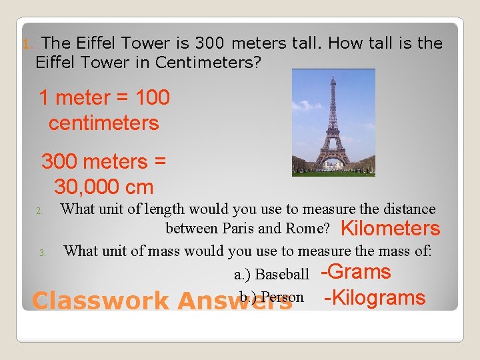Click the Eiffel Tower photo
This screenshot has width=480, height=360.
pyautogui.click(x=333, y=123)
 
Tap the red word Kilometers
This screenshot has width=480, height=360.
pyautogui.click(x=390, y=229)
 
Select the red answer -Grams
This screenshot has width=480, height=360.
pyautogui.click(x=356, y=272)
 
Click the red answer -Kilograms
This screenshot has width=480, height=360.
pyautogui.click(x=375, y=298)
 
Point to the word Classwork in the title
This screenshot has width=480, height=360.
pyautogui.click(x=100, y=301)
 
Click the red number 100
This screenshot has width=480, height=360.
pyautogui.click(x=152, y=98)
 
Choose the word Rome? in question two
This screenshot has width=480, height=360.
pyautogui.click(x=310, y=229)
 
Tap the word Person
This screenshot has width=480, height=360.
pyautogui.click(x=282, y=297)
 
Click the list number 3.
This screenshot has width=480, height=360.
pyautogui.click(x=41, y=253)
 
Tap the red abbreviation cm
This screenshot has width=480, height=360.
pyautogui.click(x=141, y=187)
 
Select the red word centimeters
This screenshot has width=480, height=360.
pyautogui.click(x=103, y=123)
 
